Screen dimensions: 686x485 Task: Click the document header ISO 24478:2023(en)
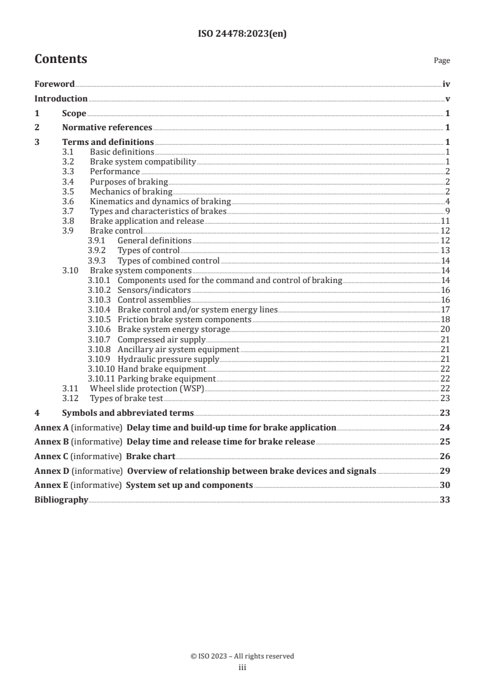[242, 34]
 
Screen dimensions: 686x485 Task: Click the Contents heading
[61, 59]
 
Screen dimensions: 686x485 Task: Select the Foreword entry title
[54, 84]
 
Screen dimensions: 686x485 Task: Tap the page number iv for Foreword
[446, 84]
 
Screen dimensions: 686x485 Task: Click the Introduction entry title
[61, 99]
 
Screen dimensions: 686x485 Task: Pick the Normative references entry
[107, 128]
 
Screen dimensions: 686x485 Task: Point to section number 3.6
[68, 201]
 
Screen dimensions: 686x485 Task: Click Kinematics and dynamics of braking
[160, 201]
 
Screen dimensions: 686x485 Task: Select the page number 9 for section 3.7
[448, 211]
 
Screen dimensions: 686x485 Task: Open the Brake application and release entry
[147, 221]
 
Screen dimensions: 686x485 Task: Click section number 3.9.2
[96, 251]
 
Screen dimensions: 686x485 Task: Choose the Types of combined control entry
[168, 260]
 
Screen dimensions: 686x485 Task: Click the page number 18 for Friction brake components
[445, 319]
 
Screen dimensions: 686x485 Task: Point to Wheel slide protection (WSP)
[147, 388]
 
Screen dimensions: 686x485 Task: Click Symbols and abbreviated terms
[128, 413]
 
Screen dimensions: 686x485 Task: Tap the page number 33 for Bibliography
[445, 500]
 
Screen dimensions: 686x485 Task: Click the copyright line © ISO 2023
[242, 656]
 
